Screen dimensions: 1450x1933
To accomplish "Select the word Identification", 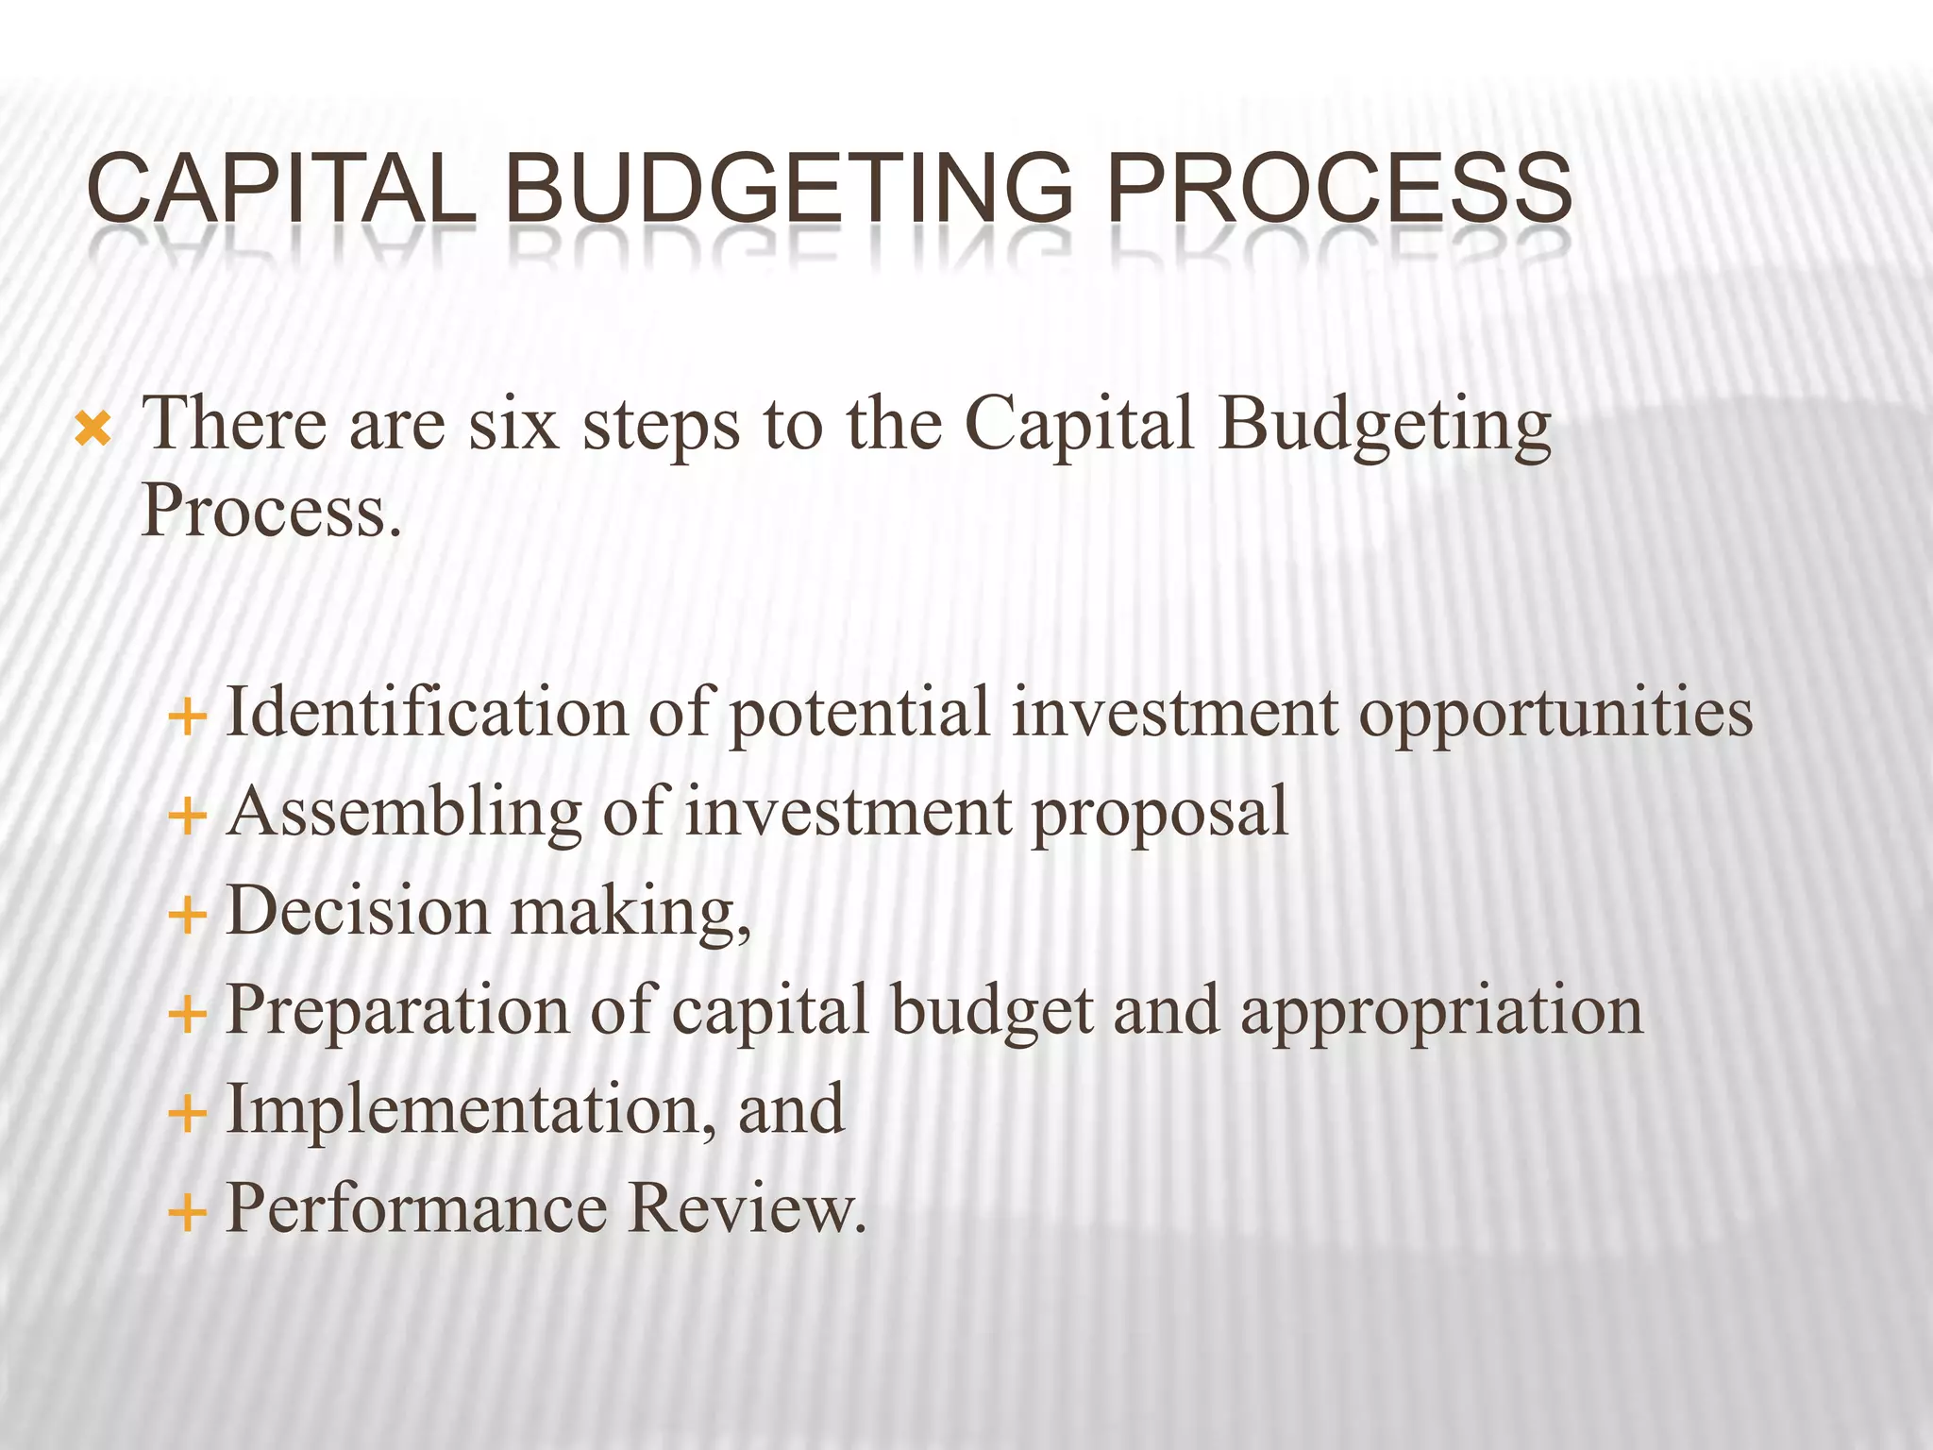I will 427,713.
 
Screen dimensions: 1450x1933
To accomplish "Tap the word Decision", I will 358,912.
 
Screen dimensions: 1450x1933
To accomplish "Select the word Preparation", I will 397,1013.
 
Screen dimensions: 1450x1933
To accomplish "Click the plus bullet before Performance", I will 187,1212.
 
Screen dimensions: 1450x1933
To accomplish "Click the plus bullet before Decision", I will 187,915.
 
